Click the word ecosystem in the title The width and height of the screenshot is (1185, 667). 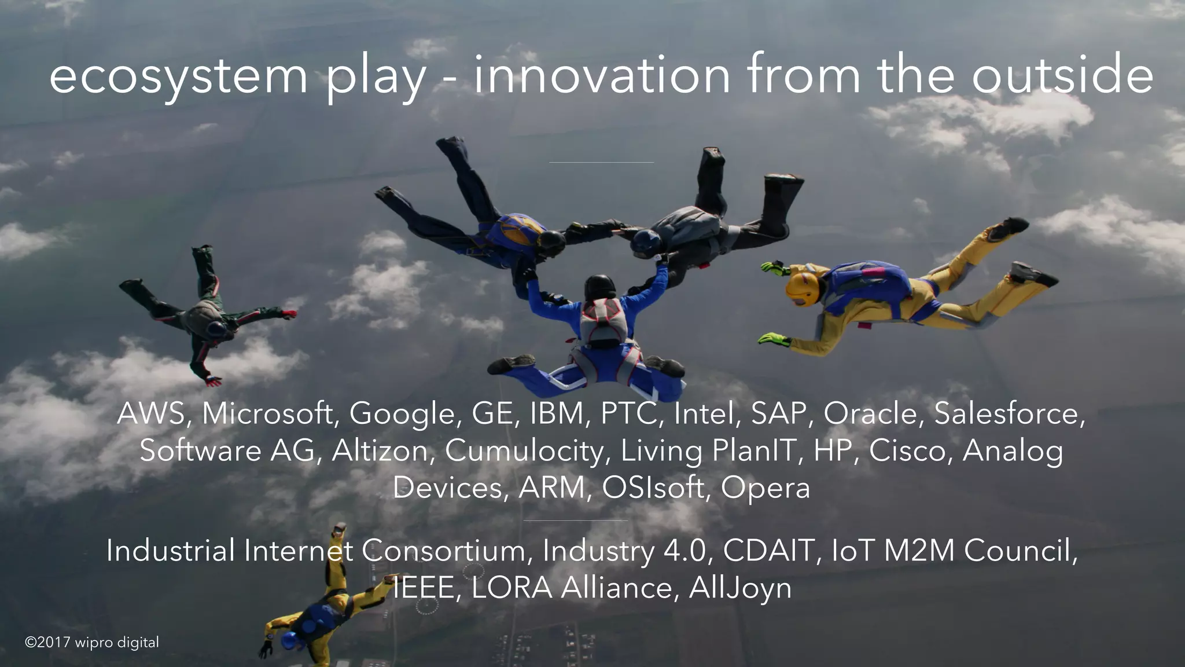178,77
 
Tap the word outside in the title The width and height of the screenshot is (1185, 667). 1062,75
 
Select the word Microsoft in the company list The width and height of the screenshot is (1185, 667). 268,413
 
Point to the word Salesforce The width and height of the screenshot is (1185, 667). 1009,413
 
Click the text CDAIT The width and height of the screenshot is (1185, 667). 769,550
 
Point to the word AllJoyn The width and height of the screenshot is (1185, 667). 740,588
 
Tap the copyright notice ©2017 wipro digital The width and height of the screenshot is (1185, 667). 92,642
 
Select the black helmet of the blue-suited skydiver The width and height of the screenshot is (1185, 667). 601,287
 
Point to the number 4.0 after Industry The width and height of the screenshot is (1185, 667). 685,550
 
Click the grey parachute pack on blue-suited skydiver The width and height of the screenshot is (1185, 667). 603,320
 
